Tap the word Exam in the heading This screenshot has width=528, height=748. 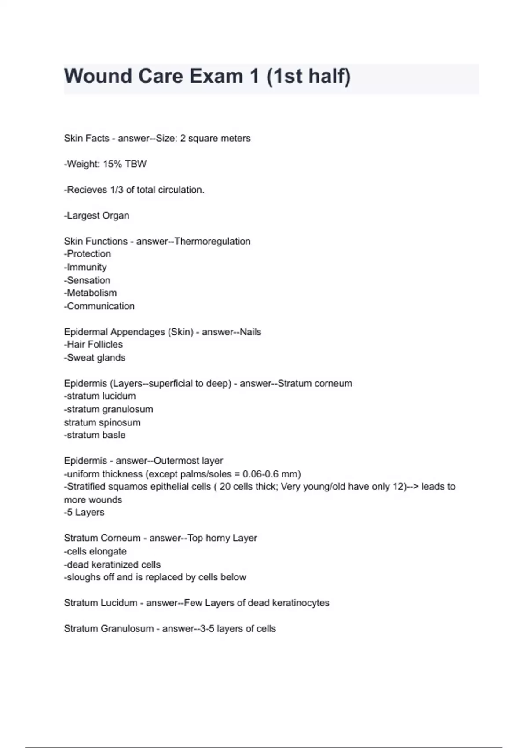216,76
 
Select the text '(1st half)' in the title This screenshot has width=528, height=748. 308,76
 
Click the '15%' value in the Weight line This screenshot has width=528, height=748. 113,164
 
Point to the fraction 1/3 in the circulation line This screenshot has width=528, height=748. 117,190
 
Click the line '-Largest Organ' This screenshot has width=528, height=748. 96,216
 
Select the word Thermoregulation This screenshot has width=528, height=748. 213,241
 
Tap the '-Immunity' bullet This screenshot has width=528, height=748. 85,267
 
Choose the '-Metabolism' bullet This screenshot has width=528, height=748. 90,293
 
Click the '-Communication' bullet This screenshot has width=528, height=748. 99,306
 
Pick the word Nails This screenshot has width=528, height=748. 250,332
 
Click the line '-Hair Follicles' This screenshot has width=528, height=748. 93,344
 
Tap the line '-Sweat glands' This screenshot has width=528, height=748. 95,358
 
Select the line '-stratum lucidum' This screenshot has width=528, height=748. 100,396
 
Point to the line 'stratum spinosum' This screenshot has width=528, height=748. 102,422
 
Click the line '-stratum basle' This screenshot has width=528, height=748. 95,435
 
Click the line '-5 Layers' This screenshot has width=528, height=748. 84,512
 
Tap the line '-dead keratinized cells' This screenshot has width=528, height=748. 112,565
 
